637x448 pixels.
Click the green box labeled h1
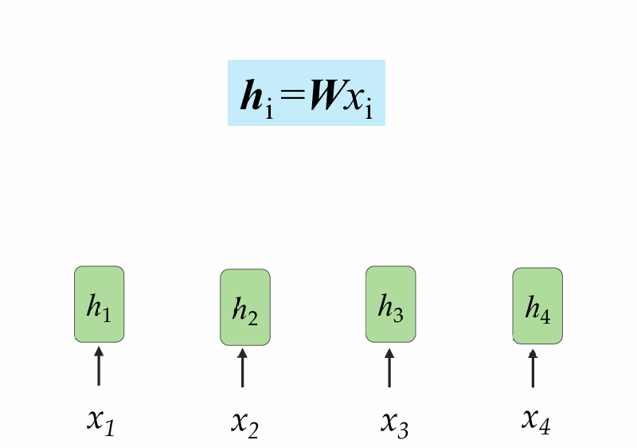(x=99, y=304)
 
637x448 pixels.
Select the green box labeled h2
(x=244, y=308)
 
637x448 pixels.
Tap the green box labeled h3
(x=390, y=304)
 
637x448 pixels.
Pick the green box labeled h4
(x=537, y=305)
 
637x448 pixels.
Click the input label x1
(x=100, y=421)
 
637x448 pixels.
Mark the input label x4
(x=536, y=419)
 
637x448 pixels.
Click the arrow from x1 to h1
(x=99, y=366)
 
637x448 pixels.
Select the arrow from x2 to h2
(x=243, y=368)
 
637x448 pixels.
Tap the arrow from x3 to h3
(x=389, y=367)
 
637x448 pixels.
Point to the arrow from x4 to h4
(x=533, y=368)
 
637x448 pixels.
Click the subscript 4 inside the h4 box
(x=545, y=314)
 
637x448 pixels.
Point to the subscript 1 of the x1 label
(x=109, y=428)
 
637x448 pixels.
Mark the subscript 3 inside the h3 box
(x=397, y=312)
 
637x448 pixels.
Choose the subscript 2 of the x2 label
(x=252, y=430)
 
